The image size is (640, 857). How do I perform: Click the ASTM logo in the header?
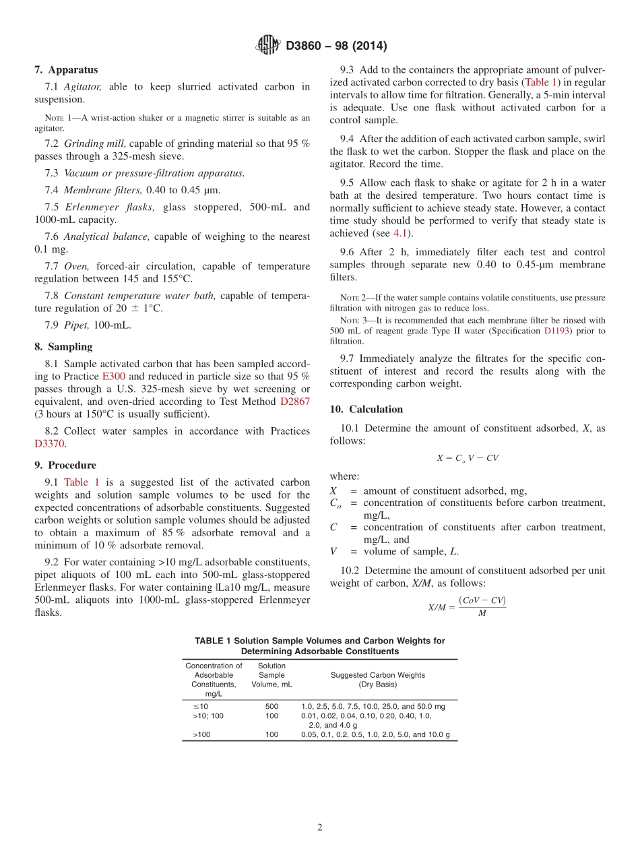268,45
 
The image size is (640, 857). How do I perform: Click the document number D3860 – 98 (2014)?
336,46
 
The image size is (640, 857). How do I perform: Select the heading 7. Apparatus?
66,70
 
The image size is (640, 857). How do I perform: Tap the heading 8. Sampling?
63,347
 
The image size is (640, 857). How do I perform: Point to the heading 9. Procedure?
65,466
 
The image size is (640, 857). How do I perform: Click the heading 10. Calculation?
366,410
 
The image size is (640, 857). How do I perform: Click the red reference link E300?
113,377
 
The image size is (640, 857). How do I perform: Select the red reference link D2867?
295,402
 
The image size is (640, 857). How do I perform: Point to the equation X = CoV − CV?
468,458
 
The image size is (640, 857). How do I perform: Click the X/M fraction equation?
467,606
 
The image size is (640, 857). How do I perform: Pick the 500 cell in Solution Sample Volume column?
271,706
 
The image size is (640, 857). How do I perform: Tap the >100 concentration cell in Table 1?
201,735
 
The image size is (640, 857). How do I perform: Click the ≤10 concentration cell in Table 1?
201,706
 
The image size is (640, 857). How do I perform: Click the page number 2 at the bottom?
320,828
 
